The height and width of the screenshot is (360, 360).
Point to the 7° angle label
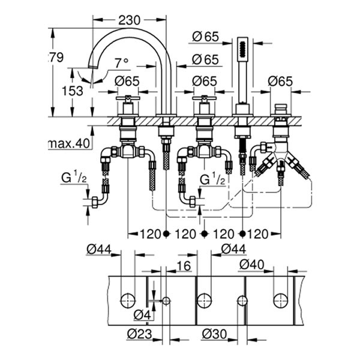click(x=122, y=62)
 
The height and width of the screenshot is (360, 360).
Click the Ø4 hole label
click(x=142, y=314)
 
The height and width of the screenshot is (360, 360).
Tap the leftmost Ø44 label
click(x=97, y=248)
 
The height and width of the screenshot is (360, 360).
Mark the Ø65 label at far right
click(x=281, y=80)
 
